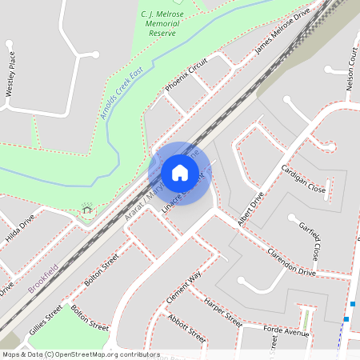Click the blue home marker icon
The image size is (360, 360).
(179, 173)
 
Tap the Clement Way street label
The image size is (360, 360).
(182, 286)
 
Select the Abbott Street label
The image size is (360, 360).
(186, 327)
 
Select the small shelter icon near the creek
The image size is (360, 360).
(87, 210)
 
